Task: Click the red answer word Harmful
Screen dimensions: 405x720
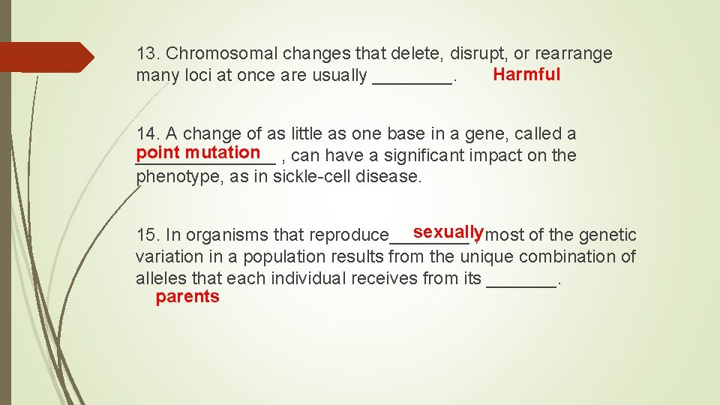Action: [x=526, y=74]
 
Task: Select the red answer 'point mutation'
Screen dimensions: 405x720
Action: [x=198, y=152]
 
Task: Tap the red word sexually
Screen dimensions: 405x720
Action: [x=448, y=231]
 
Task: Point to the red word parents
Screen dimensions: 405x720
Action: [x=187, y=297]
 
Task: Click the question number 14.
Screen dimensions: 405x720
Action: [x=147, y=134]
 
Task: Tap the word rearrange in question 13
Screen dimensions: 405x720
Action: [x=574, y=54]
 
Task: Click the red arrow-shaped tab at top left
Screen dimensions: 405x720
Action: [x=46, y=57]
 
